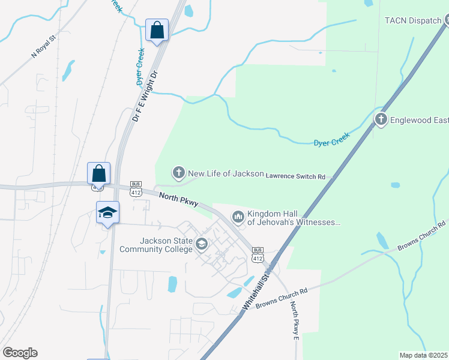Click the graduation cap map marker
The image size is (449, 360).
(x=108, y=213)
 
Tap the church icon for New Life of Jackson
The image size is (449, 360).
(x=178, y=173)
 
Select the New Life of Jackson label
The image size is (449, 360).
(x=226, y=173)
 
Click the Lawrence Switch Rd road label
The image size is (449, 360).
(x=295, y=177)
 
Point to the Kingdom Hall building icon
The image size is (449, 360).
(x=238, y=215)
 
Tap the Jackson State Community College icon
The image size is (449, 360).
(x=201, y=244)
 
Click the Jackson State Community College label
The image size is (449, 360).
(x=157, y=244)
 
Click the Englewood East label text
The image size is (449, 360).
(x=420, y=120)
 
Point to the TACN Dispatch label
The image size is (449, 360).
(x=412, y=20)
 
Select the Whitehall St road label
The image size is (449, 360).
(x=256, y=291)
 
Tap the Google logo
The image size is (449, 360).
(x=20, y=353)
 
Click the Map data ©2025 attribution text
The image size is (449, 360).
(x=423, y=355)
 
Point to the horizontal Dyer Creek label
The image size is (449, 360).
(x=331, y=140)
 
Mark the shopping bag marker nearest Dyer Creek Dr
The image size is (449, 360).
(x=157, y=30)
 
